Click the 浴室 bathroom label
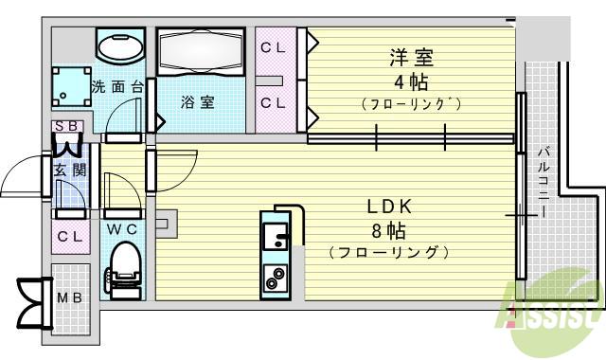(x=198, y=102)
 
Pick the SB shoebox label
(x=68, y=126)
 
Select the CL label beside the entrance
(x=69, y=238)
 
